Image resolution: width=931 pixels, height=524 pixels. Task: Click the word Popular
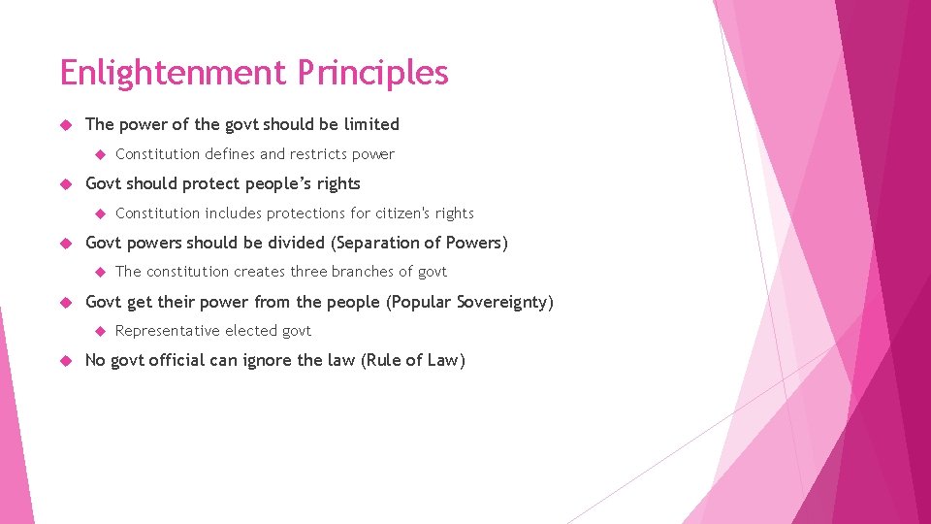click(x=422, y=302)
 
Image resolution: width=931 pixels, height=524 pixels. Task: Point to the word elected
click(x=250, y=331)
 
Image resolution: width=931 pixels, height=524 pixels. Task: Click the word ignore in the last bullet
click(x=264, y=361)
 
